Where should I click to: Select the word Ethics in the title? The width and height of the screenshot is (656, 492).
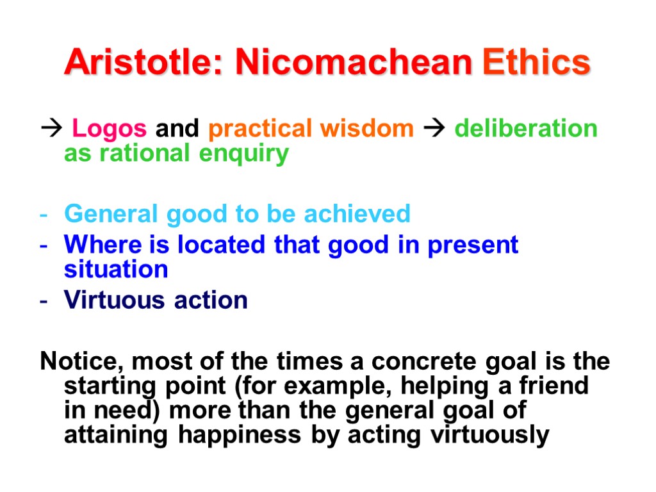pos(537,63)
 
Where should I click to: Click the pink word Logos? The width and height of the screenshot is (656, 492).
pos(109,129)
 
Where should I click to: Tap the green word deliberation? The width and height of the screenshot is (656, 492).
pos(525,129)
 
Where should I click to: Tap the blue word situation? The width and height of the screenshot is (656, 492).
pos(116,269)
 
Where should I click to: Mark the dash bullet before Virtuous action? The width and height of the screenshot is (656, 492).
pos(44,300)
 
